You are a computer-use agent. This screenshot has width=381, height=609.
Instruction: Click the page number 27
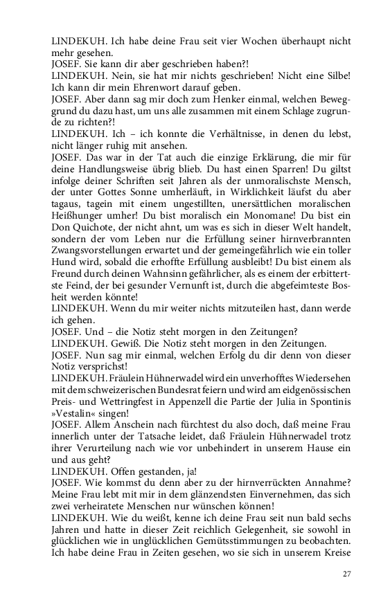coord(346,574)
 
